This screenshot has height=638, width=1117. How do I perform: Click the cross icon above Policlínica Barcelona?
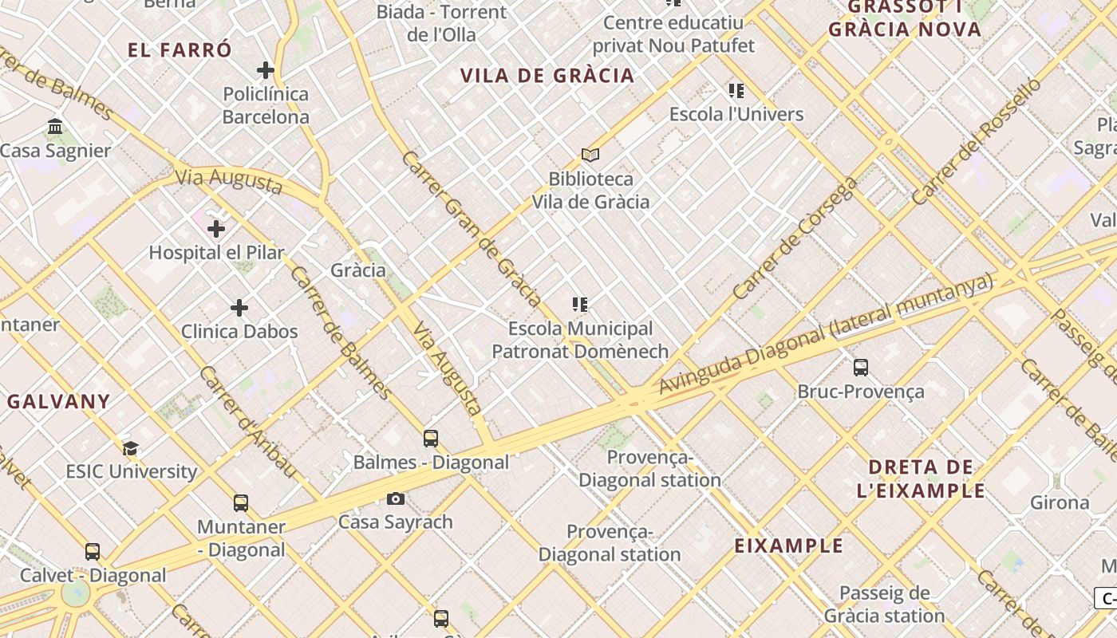tap(266, 70)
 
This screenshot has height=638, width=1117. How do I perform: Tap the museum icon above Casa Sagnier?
tap(55, 127)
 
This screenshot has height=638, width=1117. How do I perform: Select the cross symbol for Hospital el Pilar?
tap(216, 230)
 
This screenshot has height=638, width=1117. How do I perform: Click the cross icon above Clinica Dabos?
tap(239, 308)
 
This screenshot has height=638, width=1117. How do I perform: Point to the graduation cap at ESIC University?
tap(131, 448)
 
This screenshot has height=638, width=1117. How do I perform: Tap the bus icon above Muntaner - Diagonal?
tap(241, 503)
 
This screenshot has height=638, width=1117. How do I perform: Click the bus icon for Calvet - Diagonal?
tap(93, 552)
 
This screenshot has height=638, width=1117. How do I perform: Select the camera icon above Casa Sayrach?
tap(395, 499)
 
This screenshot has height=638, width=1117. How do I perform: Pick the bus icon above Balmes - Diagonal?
tap(431, 439)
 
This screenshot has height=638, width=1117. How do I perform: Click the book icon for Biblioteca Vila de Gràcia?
tap(590, 155)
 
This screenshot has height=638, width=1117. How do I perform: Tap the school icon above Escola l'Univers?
tap(736, 91)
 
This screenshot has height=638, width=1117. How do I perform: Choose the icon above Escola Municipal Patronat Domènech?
tap(580, 305)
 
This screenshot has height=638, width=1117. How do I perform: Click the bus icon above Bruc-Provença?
tap(861, 368)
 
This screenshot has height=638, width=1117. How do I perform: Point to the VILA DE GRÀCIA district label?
tap(547, 76)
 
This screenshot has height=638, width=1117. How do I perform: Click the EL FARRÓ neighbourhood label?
tap(180, 50)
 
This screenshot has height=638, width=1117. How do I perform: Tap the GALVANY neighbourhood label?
tap(58, 401)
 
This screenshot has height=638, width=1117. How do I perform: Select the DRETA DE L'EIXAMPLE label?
tap(921, 478)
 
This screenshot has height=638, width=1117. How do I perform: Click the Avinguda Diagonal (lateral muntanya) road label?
tap(825, 334)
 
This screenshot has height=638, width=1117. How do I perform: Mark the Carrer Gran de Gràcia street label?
tap(472, 228)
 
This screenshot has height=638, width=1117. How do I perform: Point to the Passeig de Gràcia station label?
tap(884, 605)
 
